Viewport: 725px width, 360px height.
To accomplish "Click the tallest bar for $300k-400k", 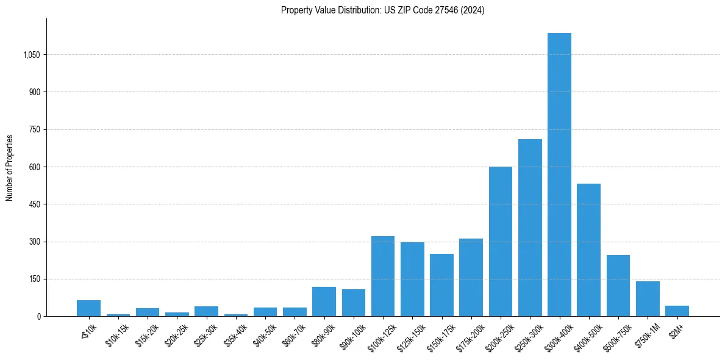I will point(559,175).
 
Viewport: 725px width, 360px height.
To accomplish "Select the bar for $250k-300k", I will point(530,228).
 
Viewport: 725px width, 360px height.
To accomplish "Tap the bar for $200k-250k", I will point(501,242).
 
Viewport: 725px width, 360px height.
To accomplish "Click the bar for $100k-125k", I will point(383,276).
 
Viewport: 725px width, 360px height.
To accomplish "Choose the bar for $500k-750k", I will point(618,286).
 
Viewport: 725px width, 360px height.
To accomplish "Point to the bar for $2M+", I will point(677,311).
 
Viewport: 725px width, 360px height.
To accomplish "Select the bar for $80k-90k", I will point(324,301).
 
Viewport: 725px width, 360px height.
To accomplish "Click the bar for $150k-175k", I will point(441,285).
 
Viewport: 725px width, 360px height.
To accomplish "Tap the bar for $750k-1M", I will point(648,299).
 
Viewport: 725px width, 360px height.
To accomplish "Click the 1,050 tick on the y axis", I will point(31,55).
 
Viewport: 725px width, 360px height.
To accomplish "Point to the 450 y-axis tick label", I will point(34,204).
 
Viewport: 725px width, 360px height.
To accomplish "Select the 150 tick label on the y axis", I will point(34,279).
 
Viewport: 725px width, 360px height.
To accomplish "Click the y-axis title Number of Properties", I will point(10,167).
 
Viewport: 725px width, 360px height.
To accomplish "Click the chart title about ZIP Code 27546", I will point(382,10).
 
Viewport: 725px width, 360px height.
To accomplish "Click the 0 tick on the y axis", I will point(38,316).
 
